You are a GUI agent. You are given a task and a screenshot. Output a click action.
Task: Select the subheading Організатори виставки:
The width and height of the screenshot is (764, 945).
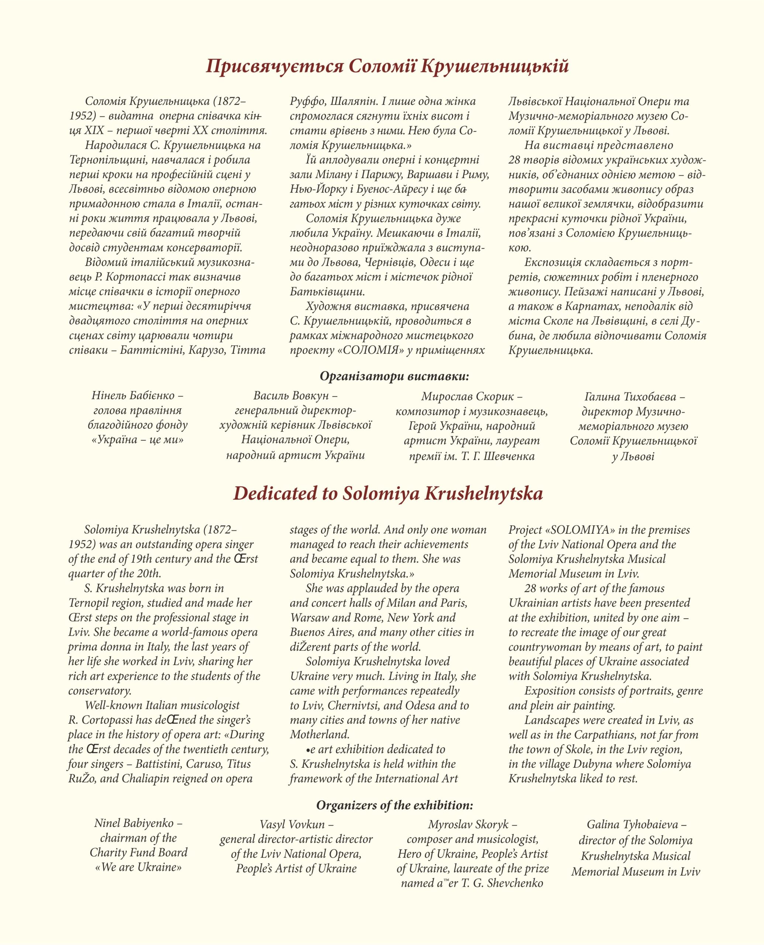(x=394, y=376)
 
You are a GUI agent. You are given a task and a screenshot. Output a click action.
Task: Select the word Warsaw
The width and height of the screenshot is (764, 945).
(x=306, y=618)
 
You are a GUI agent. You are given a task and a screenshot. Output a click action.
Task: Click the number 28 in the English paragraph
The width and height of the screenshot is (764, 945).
(x=530, y=588)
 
